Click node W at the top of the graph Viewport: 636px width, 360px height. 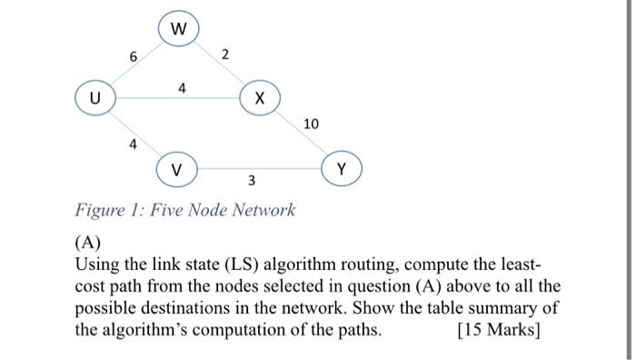pos(178,29)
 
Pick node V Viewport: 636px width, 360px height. pos(177,169)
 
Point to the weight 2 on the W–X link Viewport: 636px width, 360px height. pos(225,56)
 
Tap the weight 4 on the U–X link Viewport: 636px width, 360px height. pos(183,88)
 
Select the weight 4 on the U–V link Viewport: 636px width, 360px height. pos(133,144)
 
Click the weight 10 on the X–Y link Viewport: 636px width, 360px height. pos(312,123)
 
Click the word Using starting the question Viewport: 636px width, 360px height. pos(98,265)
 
